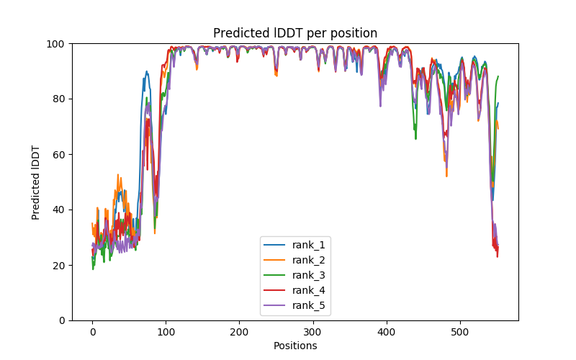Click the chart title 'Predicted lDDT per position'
[294, 33]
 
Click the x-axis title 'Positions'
[294, 346]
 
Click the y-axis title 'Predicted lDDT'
[36, 182]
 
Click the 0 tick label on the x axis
[92, 332]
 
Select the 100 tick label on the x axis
[166, 332]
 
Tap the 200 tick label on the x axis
[239, 332]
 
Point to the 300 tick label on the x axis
[312, 332]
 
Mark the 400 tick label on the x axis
[386, 332]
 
